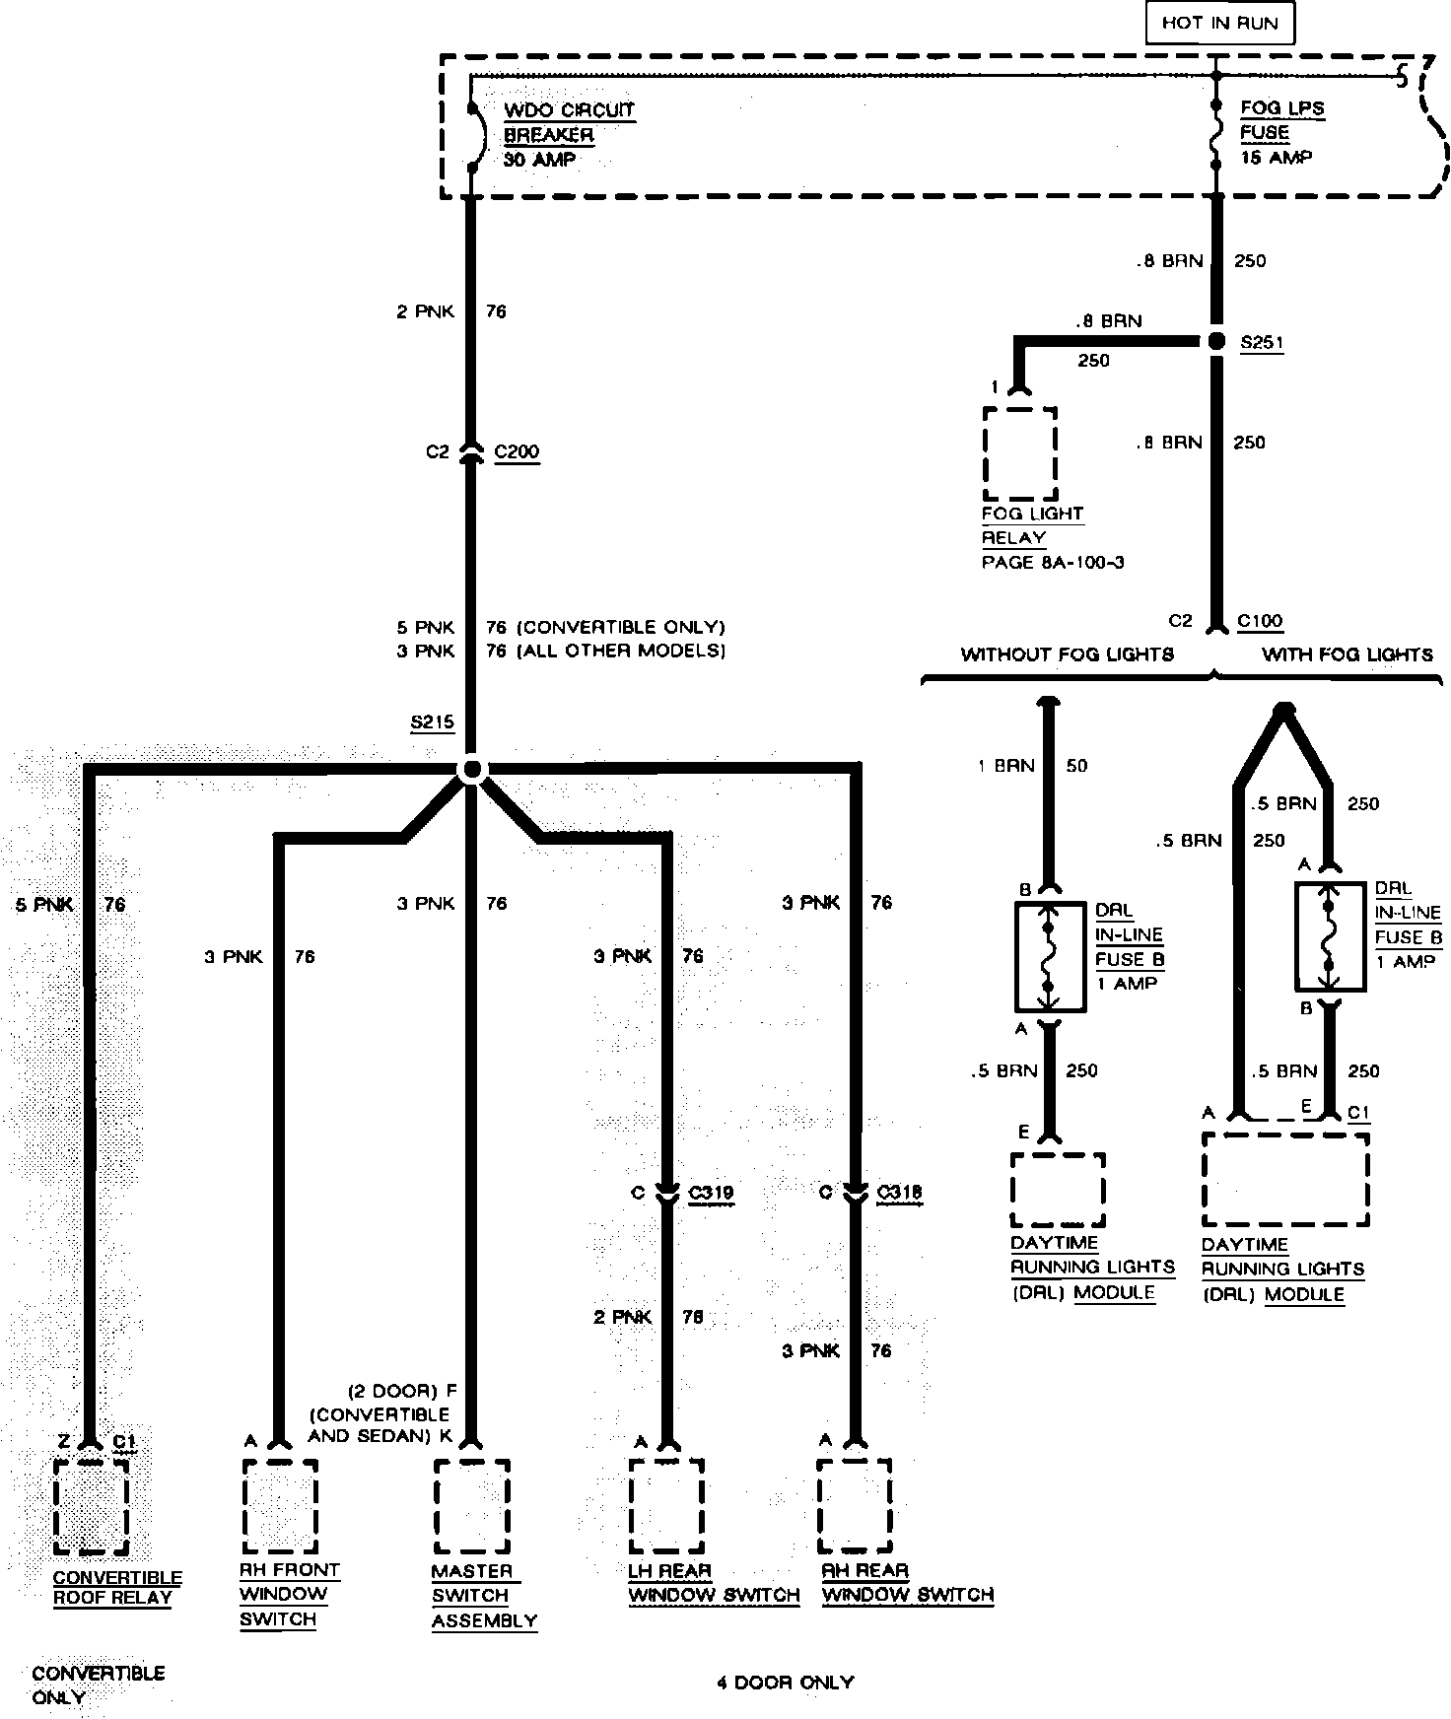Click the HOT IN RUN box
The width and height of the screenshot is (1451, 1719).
pos(1219,24)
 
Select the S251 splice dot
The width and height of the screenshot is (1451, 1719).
pos(1216,341)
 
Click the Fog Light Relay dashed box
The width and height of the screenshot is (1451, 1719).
pos(1019,452)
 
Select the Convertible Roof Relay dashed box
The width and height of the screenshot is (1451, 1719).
pos(91,1506)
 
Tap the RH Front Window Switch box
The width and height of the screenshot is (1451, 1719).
pos(279,1505)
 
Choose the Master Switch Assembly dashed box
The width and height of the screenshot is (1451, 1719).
pos(471,1506)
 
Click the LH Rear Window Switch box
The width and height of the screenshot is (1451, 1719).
pos(666,1505)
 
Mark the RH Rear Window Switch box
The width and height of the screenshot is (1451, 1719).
pos(854,1505)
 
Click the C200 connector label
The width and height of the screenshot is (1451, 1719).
pos(517,452)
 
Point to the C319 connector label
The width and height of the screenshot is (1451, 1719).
pos(711,1193)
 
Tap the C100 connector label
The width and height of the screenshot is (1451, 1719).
pos(1260,621)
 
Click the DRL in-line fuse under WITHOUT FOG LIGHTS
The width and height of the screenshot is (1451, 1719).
pos(1050,956)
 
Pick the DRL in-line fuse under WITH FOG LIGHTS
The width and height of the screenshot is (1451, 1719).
pos(1329,936)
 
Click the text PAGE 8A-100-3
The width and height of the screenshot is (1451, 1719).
pos(1053,563)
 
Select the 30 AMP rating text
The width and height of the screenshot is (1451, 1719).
pos(539,160)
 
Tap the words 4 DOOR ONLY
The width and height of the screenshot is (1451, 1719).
pos(785,1682)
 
